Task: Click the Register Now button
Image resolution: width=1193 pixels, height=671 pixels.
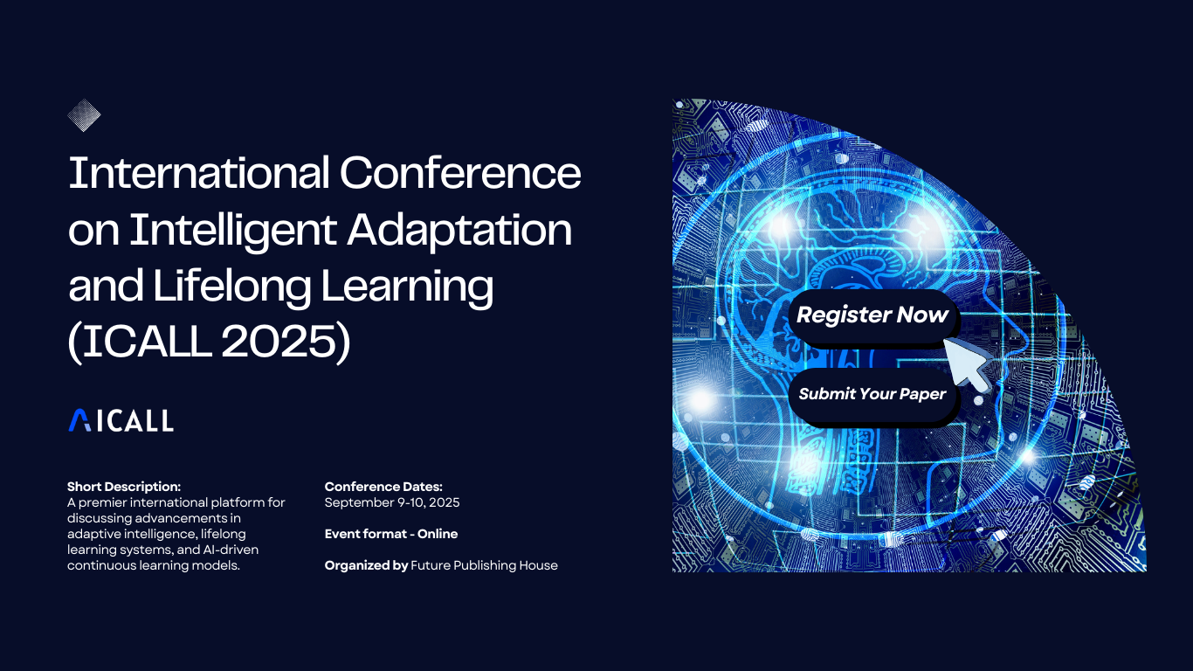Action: pos(872,315)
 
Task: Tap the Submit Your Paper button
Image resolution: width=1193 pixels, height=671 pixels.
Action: pos(872,394)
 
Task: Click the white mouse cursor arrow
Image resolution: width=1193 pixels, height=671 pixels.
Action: pos(966,363)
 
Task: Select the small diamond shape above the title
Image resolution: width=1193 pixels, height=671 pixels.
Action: pos(84,115)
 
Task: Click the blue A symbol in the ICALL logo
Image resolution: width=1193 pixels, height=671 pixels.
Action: pos(79,420)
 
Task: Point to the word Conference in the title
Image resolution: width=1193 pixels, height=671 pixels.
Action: pos(460,173)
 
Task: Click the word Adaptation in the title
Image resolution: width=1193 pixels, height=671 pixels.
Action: pos(459,231)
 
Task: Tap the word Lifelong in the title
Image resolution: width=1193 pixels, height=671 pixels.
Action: pos(231,287)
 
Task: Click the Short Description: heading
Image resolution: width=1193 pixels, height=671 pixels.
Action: pos(124,487)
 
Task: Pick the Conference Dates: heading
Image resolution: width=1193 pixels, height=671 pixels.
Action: pos(383,487)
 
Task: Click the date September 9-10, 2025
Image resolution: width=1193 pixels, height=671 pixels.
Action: pos(392,502)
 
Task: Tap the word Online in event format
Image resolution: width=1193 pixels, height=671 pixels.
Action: pos(438,534)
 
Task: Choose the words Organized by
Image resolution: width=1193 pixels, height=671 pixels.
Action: pos(367,565)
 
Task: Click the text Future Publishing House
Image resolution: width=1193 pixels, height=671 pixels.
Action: pos(484,565)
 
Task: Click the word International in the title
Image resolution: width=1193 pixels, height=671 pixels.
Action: pos(199,173)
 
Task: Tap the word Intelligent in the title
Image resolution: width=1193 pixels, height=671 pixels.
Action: pos(232,231)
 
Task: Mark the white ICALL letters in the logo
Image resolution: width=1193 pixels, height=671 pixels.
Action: pos(134,420)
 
